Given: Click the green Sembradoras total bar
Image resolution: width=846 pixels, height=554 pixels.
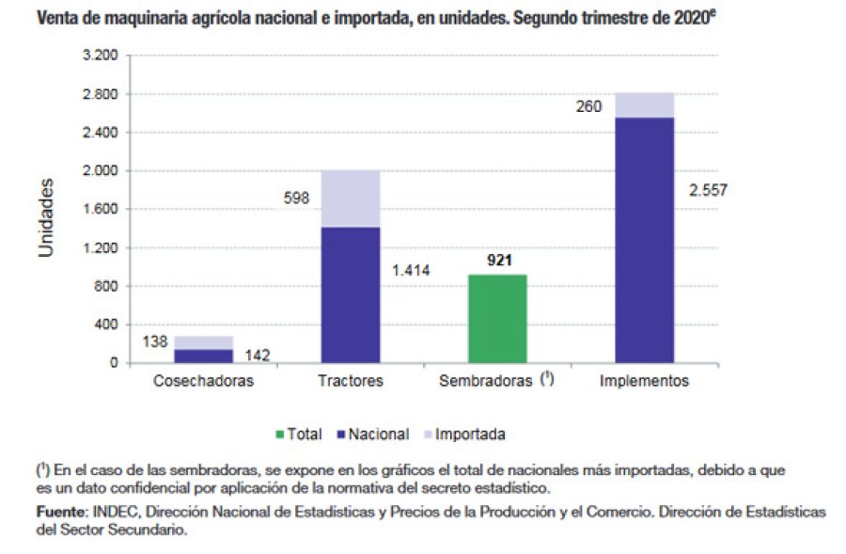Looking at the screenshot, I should [x=498, y=319].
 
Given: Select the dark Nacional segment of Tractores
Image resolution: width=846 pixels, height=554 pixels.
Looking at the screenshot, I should [x=351, y=294].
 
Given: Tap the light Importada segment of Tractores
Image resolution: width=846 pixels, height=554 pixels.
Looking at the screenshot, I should [x=351, y=198].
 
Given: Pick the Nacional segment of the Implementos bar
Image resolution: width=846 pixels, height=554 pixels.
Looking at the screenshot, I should [x=645, y=240].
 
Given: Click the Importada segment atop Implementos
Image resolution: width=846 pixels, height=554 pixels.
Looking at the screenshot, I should [x=645, y=105].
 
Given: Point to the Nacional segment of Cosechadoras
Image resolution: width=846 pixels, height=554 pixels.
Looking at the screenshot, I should [x=204, y=356].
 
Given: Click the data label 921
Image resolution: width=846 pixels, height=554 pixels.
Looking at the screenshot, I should [x=499, y=260].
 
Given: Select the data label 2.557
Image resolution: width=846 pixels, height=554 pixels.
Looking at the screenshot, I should [x=708, y=190].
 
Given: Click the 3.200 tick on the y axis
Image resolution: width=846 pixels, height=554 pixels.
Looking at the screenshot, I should [x=100, y=56].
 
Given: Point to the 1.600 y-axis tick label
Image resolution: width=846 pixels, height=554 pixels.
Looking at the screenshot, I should [x=100, y=210].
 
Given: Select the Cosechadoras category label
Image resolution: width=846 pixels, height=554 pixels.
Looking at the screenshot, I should [x=204, y=382].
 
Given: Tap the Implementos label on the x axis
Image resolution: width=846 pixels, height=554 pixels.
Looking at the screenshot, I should [x=645, y=382].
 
